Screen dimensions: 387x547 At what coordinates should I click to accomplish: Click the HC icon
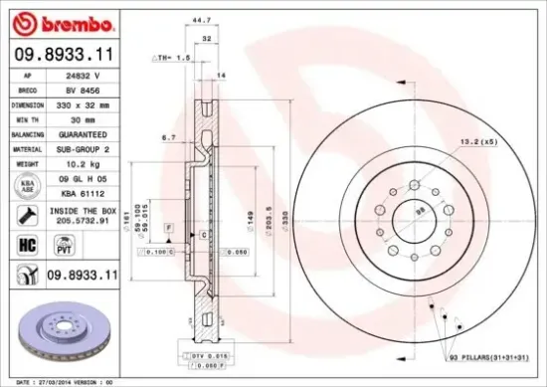pos(27,243)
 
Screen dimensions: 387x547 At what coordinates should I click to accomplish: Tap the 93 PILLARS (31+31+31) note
pos(489,357)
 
